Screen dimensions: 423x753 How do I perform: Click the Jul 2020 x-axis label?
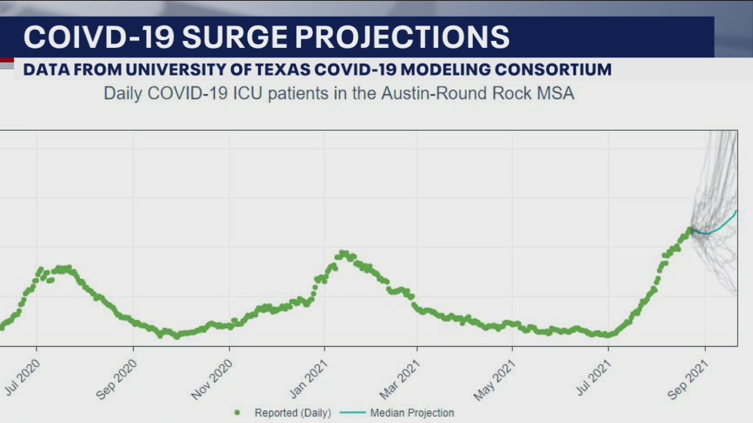point(22,377)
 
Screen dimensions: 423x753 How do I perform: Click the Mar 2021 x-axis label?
point(403,379)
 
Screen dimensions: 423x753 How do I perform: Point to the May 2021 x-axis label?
point(497,379)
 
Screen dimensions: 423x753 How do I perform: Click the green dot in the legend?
point(237,413)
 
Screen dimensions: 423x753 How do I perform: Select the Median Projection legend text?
point(412,413)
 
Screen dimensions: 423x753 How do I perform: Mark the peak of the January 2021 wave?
point(343,253)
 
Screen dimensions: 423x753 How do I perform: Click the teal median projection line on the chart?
point(721,226)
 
